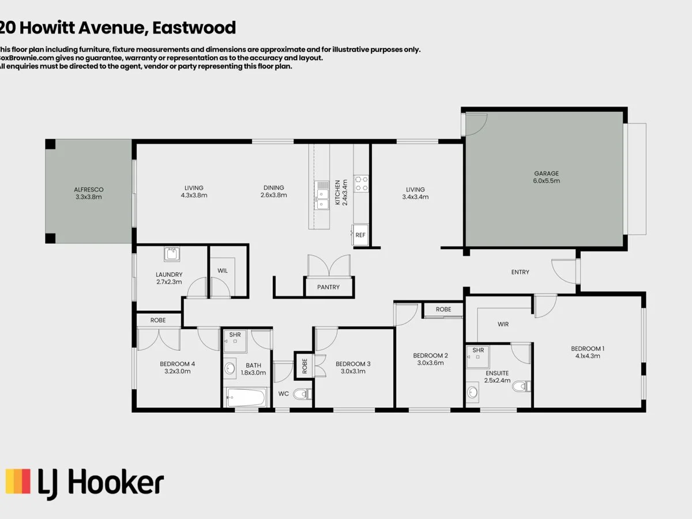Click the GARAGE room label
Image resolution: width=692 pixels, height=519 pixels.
point(546,173)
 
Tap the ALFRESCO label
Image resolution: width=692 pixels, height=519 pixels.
point(89,189)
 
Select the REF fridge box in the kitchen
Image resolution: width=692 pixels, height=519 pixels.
point(360,235)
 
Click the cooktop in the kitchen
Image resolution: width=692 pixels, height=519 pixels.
point(361,183)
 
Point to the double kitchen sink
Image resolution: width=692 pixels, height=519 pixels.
point(322,195)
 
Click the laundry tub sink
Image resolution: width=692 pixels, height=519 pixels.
point(172,253)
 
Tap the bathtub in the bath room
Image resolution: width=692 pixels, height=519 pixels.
point(246,397)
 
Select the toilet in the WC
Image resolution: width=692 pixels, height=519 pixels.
point(301,394)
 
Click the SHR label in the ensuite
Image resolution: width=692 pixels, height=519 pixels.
point(477,350)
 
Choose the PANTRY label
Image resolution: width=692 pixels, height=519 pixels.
point(328,287)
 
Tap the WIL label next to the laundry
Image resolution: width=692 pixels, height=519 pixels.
point(223,270)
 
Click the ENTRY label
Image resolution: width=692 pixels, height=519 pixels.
point(520,272)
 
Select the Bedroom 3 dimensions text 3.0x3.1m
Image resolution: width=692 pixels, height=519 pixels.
point(353,371)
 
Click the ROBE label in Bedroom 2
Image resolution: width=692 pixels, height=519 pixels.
point(443,310)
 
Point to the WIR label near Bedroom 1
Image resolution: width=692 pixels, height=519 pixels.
point(503,324)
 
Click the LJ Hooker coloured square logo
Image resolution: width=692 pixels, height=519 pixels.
point(18,481)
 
